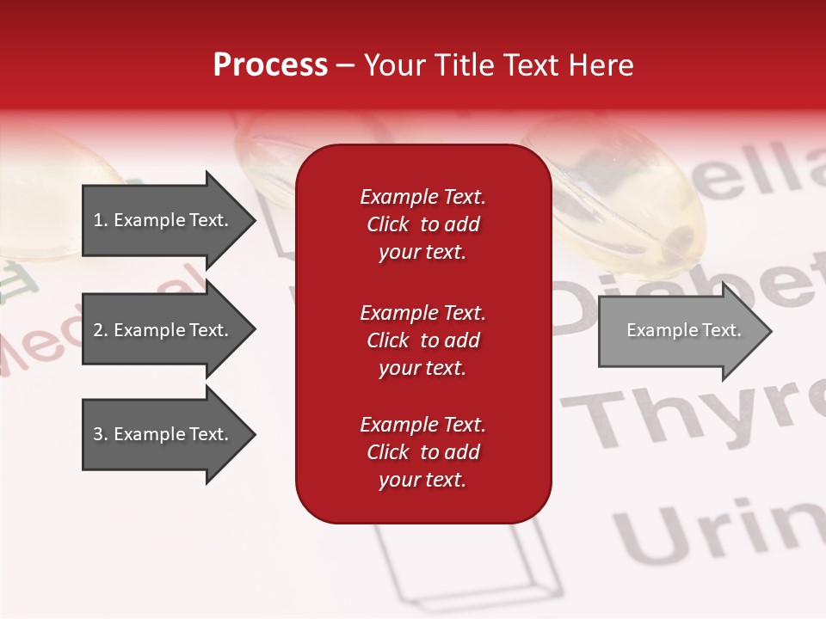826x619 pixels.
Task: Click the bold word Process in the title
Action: coord(270,64)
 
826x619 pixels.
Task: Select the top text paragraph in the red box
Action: coord(422,224)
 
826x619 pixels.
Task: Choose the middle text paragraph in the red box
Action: coord(422,340)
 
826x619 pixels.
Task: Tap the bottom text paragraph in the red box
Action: coord(422,452)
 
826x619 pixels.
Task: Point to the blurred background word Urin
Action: coord(714,524)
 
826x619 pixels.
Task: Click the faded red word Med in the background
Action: coord(43,352)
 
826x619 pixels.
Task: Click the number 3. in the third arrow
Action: coord(100,434)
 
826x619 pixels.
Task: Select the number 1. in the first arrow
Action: coord(100,220)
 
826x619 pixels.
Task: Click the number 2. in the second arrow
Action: coord(100,330)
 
